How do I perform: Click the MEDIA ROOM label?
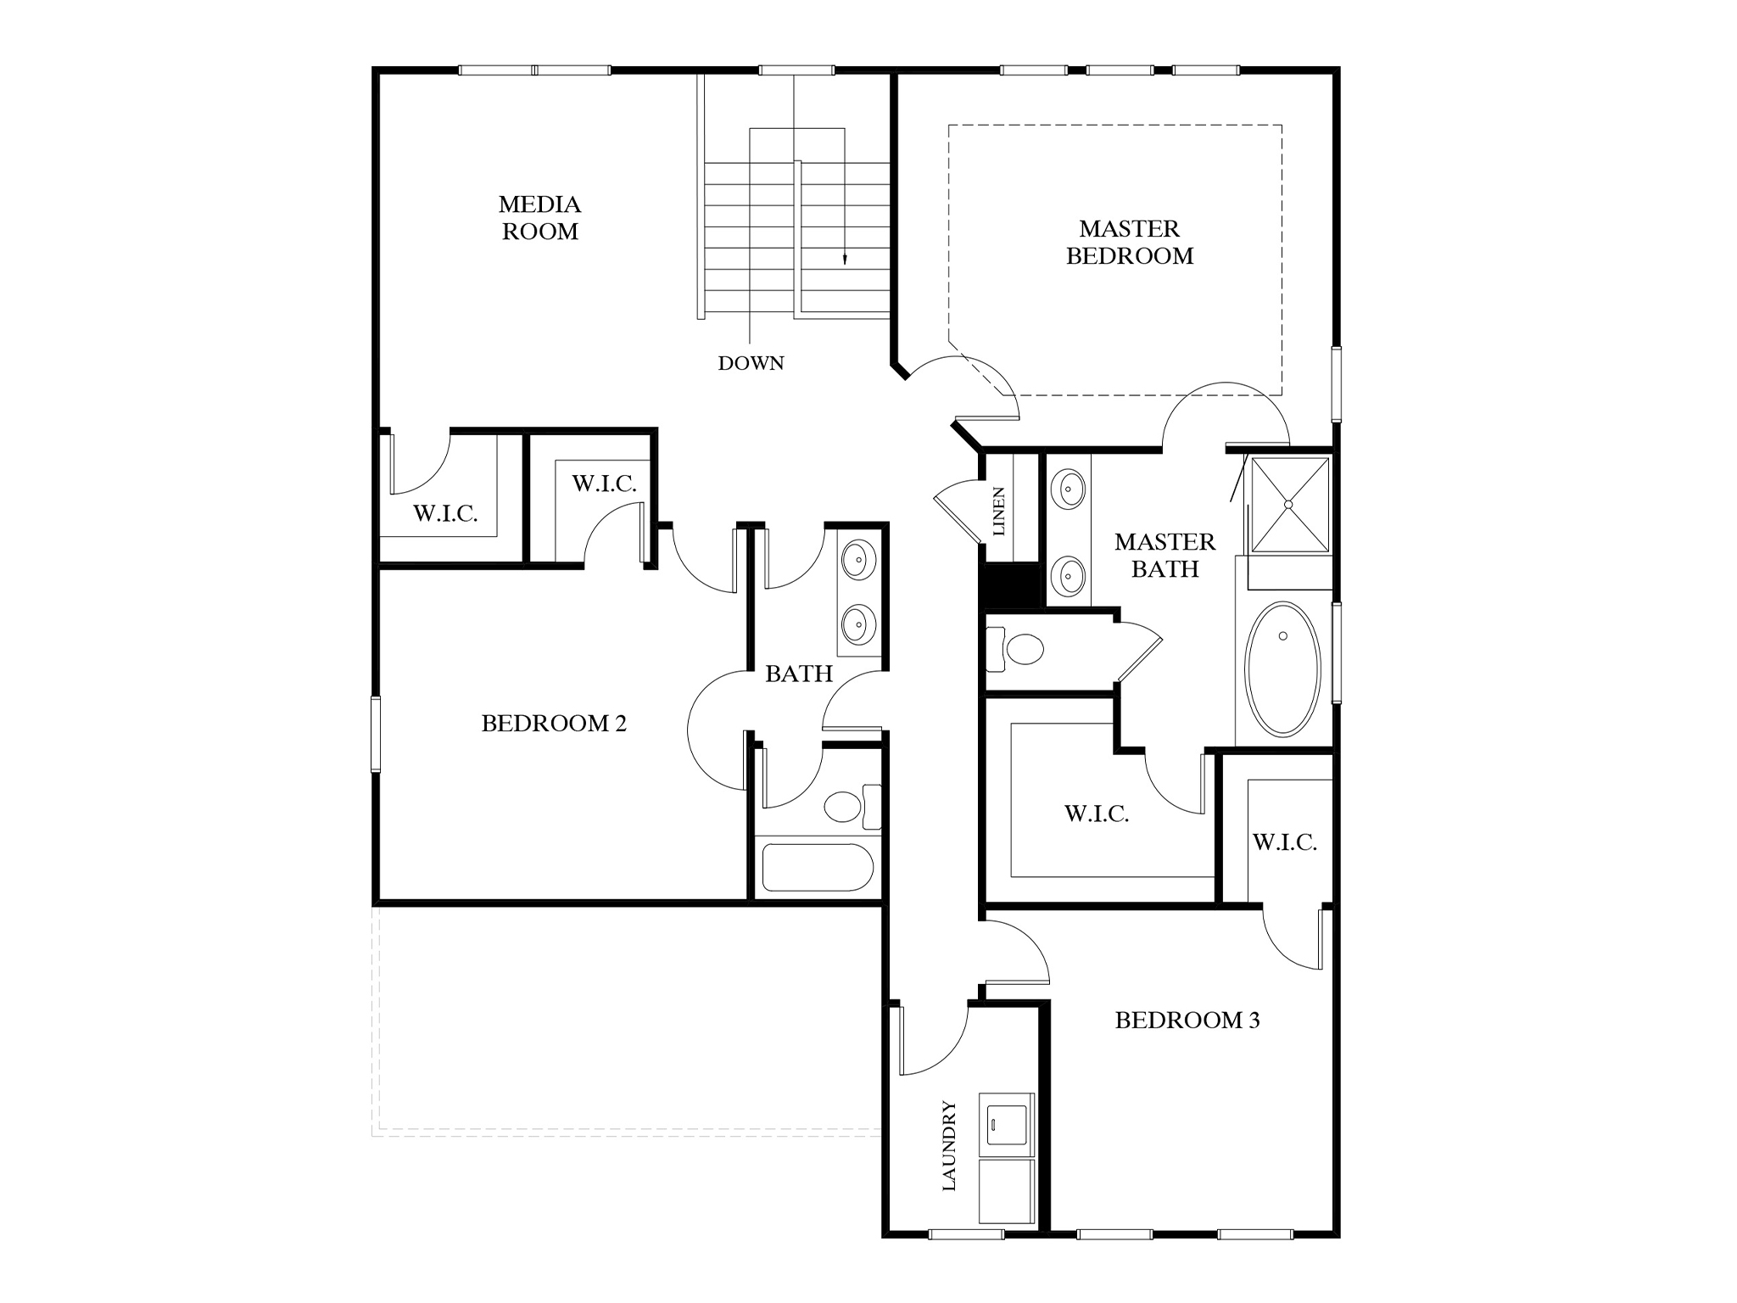click(539, 217)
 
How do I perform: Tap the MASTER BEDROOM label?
click(1129, 242)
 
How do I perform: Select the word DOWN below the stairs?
click(751, 363)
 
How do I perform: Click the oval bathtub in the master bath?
click(1282, 668)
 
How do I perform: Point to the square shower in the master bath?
click(1289, 505)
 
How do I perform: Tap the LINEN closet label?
click(999, 511)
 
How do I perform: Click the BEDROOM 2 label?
click(554, 724)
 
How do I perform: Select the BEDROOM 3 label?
click(1187, 1021)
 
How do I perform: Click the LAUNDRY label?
click(949, 1145)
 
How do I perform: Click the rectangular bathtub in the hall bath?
click(817, 867)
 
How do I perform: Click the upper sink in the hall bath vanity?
click(858, 561)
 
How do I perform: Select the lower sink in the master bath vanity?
click(1067, 577)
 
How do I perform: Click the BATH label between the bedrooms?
click(798, 674)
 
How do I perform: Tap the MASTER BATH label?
click(1165, 556)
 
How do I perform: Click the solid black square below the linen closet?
click(1009, 585)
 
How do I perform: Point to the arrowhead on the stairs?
click(845, 260)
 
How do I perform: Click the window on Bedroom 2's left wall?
click(375, 734)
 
